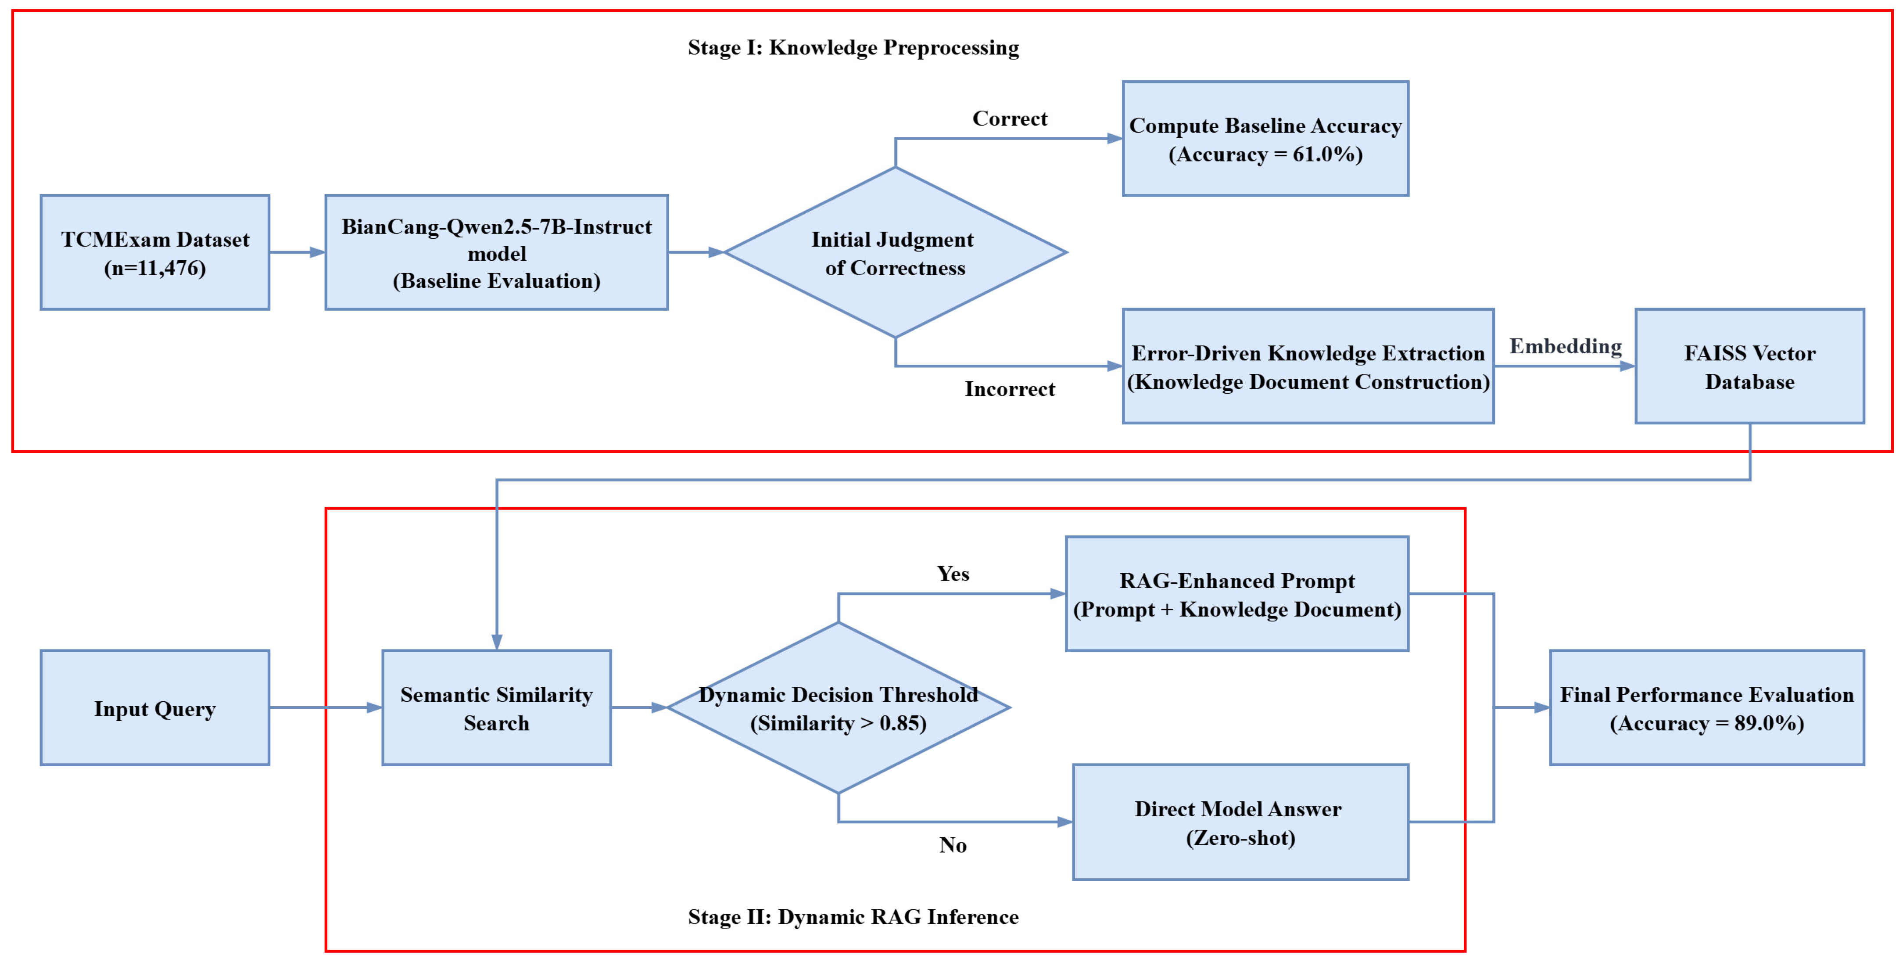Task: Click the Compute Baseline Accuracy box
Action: tap(1265, 139)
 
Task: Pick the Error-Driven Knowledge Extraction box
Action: tap(1308, 366)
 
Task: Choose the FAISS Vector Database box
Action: tap(1749, 366)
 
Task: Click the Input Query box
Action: tap(155, 708)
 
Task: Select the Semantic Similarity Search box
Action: tap(496, 708)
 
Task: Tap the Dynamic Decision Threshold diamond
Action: tap(839, 708)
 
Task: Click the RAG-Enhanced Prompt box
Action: tap(1237, 594)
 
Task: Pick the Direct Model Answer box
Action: tap(1241, 822)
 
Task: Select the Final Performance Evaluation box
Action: tap(1707, 708)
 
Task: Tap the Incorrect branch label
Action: tap(1010, 389)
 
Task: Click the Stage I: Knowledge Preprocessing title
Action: tap(853, 47)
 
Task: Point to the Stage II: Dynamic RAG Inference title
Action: tap(853, 916)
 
